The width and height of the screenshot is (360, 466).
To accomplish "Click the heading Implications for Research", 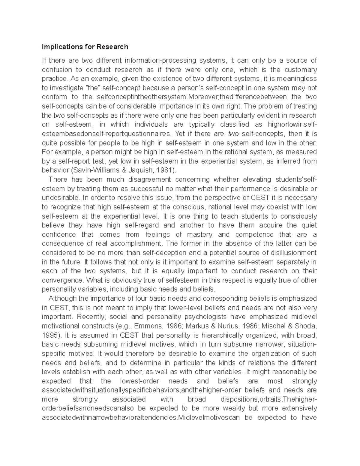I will [85, 47].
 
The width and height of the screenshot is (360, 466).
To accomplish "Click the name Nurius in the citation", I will [219, 326].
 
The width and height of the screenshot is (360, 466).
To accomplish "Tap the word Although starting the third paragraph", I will [62, 299].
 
